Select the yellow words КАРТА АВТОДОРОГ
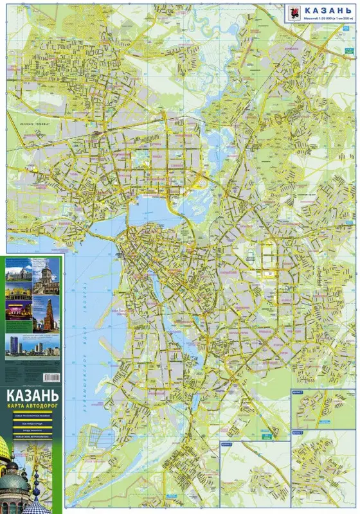(32, 407)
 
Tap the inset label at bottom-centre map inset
(226, 443)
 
